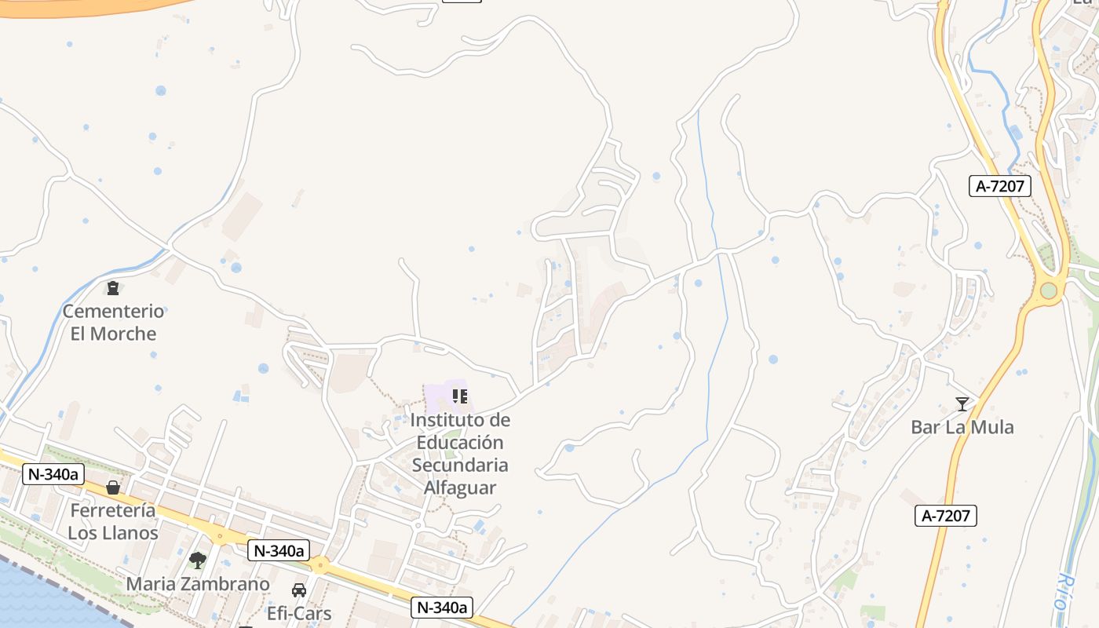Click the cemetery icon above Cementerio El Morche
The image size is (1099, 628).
click(x=113, y=288)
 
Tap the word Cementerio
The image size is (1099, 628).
click(x=113, y=311)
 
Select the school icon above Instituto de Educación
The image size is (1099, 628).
click(x=460, y=396)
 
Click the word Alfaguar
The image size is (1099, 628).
click(x=460, y=487)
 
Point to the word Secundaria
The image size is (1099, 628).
click(x=460, y=465)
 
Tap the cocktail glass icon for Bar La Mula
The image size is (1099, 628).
click(x=962, y=404)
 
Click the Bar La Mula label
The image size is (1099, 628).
click(x=962, y=427)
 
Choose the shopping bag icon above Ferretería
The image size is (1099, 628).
click(x=113, y=487)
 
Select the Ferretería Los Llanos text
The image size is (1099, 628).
click(x=113, y=521)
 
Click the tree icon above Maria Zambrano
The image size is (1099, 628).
click(x=197, y=560)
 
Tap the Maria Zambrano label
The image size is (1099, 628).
click(x=197, y=584)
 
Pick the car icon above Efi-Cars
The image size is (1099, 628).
click(x=299, y=590)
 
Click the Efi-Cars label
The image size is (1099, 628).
click(x=299, y=613)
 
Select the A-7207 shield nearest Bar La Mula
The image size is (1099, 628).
click(x=945, y=516)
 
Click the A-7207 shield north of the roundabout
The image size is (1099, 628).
click(x=999, y=186)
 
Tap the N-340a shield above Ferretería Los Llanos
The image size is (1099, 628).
click(x=53, y=473)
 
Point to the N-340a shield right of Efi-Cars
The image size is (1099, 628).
click(x=442, y=607)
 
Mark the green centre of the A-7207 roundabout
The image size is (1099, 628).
click(x=1049, y=290)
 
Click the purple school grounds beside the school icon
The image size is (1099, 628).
click(x=436, y=397)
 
